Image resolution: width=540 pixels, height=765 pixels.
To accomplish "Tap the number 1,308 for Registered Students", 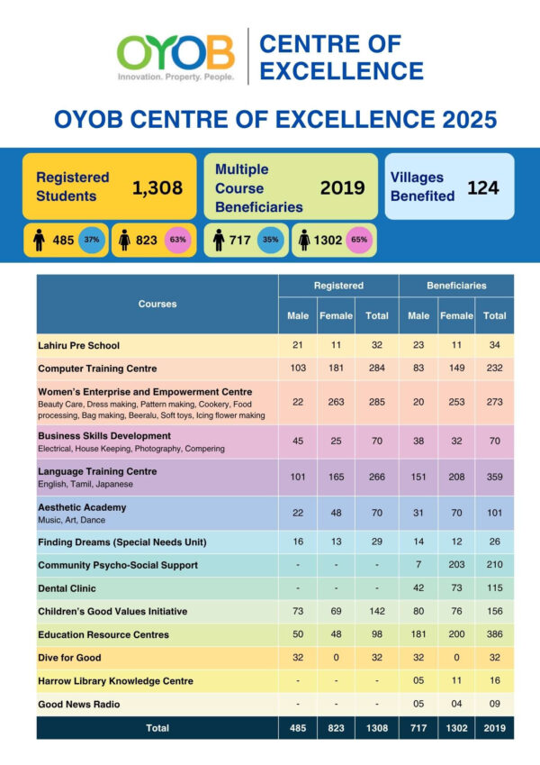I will [x=157, y=188].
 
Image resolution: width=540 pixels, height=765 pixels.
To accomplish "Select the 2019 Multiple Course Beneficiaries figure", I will [x=342, y=187].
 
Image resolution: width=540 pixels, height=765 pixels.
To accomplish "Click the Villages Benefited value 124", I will [x=482, y=188].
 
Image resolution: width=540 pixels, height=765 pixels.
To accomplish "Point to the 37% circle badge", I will [x=92, y=241].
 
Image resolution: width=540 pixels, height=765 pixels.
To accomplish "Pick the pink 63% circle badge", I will [x=177, y=241].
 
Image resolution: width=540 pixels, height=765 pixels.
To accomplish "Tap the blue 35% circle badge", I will [x=269, y=241].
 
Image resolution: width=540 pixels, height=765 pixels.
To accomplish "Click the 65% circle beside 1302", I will [x=358, y=241].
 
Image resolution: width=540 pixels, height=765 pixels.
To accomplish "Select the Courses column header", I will [x=157, y=304].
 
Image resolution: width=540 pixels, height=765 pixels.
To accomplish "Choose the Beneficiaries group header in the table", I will [x=456, y=286].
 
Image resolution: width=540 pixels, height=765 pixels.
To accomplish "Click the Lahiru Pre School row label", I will [x=78, y=345].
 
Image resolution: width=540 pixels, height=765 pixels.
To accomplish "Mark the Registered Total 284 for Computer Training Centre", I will [x=377, y=369].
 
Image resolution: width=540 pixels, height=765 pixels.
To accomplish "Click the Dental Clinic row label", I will [x=67, y=588].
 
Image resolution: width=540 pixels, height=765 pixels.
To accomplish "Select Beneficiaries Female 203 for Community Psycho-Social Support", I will [x=455, y=565].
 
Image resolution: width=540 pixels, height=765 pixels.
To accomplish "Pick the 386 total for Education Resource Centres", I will [x=494, y=634].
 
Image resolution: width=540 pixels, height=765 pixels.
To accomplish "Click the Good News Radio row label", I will [x=78, y=704].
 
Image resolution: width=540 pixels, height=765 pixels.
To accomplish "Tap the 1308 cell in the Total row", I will [x=377, y=728].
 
